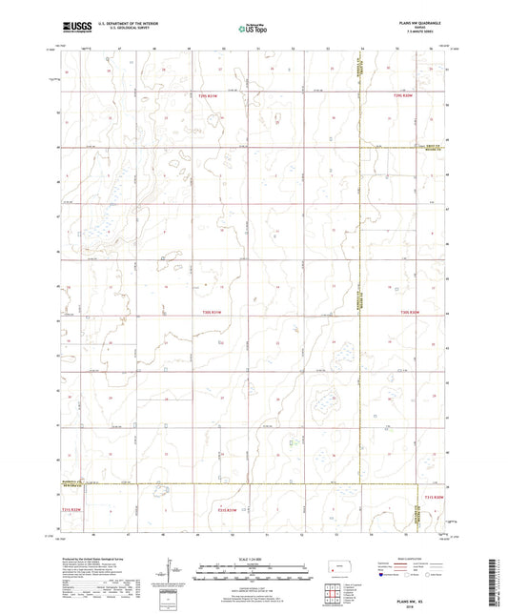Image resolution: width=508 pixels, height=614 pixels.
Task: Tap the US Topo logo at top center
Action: point(254,29)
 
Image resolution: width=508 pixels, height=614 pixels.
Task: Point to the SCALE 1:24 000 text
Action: point(254,560)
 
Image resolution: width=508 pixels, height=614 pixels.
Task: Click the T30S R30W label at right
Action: point(410,312)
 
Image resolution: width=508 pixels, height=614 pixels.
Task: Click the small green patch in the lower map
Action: point(293,440)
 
